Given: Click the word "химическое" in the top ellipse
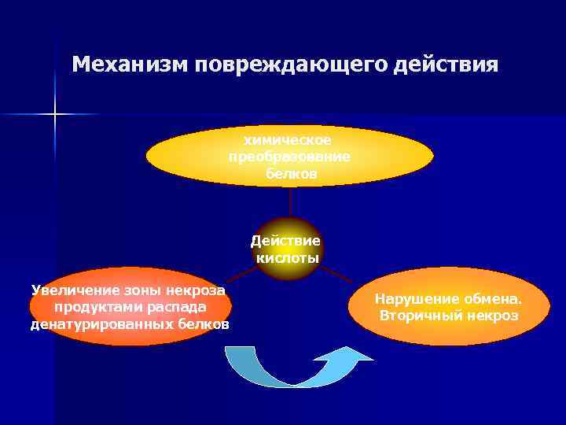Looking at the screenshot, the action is (x=288, y=140).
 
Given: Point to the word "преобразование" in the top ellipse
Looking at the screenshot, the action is (x=289, y=157).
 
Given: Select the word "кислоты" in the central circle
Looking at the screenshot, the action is (x=287, y=258).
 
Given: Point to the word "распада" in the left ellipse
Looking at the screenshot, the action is (x=180, y=307).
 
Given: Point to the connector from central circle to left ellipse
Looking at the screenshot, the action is (x=241, y=273).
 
